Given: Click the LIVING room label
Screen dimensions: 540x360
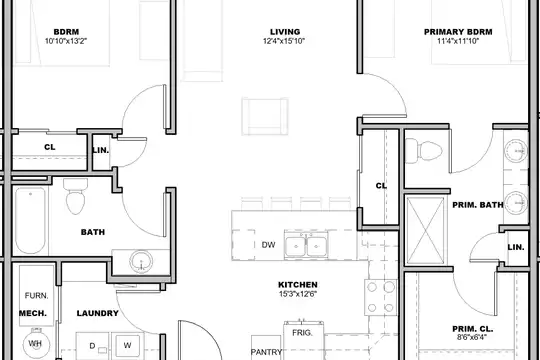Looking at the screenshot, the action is (x=285, y=32).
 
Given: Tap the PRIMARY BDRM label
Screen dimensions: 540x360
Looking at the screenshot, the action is (x=458, y=32).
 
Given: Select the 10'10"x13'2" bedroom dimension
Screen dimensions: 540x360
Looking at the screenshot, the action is (x=66, y=41).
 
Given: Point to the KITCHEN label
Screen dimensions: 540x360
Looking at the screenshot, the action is (x=298, y=285).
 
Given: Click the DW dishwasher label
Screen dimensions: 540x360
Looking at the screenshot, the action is (x=268, y=245).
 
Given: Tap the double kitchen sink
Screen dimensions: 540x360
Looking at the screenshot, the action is (x=306, y=245).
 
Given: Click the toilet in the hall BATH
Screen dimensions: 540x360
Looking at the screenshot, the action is (x=75, y=196).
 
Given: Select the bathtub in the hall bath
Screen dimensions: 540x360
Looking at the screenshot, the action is (x=30, y=220).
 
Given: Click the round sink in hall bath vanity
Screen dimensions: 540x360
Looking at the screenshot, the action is (x=141, y=261).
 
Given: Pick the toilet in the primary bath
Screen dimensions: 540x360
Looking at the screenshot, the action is (x=423, y=151).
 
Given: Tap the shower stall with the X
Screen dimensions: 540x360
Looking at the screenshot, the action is (x=426, y=230).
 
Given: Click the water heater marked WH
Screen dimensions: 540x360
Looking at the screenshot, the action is (x=36, y=343).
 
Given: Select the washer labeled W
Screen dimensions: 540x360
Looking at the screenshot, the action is (x=127, y=346).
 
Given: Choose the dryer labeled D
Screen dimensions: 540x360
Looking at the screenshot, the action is (x=92, y=346).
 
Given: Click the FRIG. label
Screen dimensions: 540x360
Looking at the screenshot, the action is (x=302, y=333).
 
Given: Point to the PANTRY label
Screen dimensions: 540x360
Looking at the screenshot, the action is (x=266, y=352).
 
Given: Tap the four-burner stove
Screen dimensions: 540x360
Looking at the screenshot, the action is (x=381, y=297).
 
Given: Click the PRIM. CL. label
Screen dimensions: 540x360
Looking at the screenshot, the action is (x=472, y=329).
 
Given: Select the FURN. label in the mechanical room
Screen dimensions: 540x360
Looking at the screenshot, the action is (x=36, y=296).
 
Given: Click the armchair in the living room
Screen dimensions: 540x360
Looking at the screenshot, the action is (x=265, y=116).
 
